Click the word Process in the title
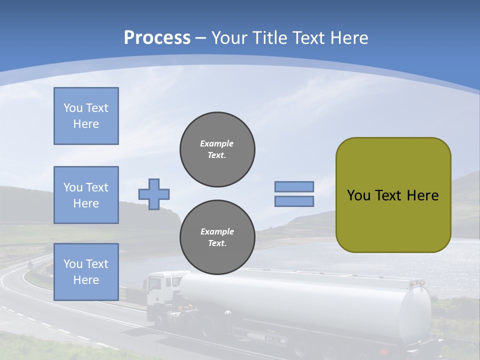(x=157, y=38)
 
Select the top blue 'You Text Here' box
(x=86, y=116)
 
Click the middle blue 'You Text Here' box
(x=86, y=195)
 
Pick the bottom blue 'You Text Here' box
(x=86, y=272)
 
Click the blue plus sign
(x=154, y=194)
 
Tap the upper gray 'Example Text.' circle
(x=217, y=149)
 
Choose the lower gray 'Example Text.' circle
(x=217, y=237)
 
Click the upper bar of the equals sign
(x=294, y=187)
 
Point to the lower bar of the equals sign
(x=294, y=201)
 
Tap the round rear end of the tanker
(x=415, y=315)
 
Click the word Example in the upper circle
(x=217, y=143)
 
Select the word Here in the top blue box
(x=86, y=124)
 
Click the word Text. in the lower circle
(x=217, y=243)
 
